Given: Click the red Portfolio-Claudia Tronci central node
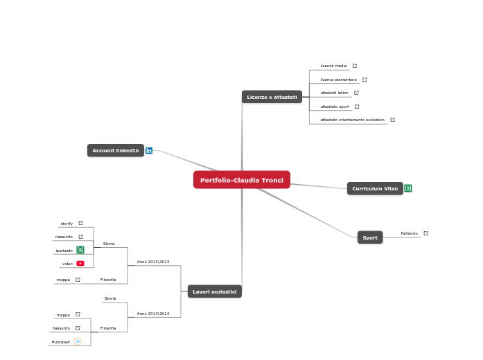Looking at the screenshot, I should [241, 180].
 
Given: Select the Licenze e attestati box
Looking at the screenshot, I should [272, 97].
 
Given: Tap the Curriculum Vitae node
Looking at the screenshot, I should [374, 188].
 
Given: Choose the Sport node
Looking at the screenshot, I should [370, 237].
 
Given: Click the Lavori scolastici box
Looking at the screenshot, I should [214, 291].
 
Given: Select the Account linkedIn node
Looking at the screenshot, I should [115, 150].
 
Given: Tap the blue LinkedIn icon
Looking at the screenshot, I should [149, 150].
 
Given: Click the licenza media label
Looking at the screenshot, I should [333, 66].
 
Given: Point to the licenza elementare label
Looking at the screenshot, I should [338, 80].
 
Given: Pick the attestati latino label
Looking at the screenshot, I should [334, 92].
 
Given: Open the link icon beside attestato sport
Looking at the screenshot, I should [357, 107].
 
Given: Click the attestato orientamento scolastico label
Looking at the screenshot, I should [352, 120].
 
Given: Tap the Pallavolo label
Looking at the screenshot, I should [409, 233].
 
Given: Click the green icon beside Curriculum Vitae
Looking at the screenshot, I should [408, 188].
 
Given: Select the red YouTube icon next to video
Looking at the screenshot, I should [80, 263].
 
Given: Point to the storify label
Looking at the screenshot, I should [67, 223].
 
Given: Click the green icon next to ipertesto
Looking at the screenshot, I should [80, 250].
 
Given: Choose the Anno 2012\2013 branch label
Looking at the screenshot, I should [153, 262].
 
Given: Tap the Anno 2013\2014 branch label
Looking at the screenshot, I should [153, 314].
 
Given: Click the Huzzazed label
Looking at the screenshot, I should [60, 341].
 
